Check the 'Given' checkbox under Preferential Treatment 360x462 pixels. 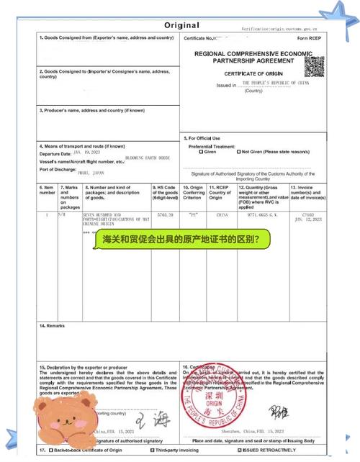click(201, 152)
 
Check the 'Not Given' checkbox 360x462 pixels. click(239, 152)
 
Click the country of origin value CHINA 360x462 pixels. click(217, 215)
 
